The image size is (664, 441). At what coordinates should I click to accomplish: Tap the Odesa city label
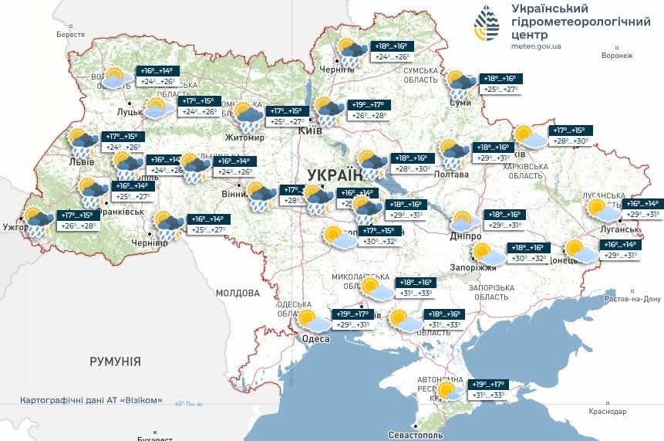pos(316,338)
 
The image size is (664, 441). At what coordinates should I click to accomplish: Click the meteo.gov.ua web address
pos(536,46)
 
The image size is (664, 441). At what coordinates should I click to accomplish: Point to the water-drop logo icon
pos(487,24)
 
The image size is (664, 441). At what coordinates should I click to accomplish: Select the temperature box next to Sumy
pos(500,83)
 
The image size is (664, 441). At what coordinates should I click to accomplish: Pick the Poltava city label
pos(452,175)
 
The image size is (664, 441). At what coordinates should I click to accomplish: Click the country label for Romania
pos(115,361)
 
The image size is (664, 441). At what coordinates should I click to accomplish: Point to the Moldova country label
pos(238,293)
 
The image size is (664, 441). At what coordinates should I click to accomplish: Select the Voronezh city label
pos(617,56)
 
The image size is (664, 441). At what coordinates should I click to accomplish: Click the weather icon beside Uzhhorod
pos(39,219)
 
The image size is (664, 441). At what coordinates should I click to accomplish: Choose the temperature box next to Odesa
pos(351,319)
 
